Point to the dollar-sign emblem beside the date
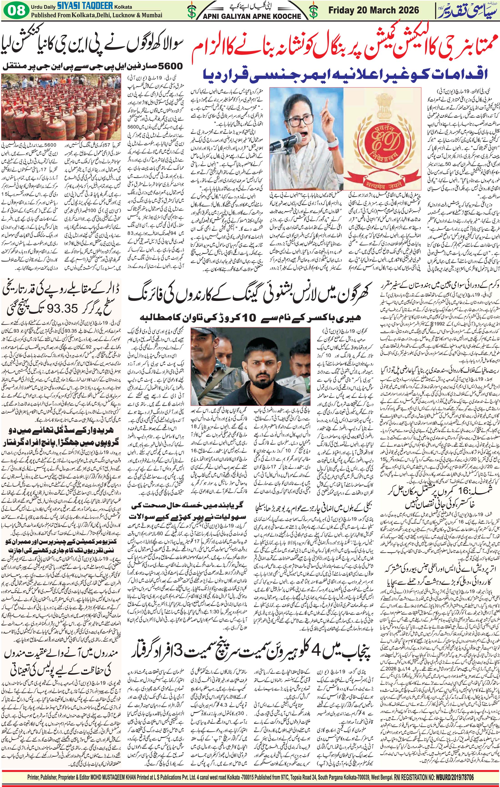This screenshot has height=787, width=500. (313, 11)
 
